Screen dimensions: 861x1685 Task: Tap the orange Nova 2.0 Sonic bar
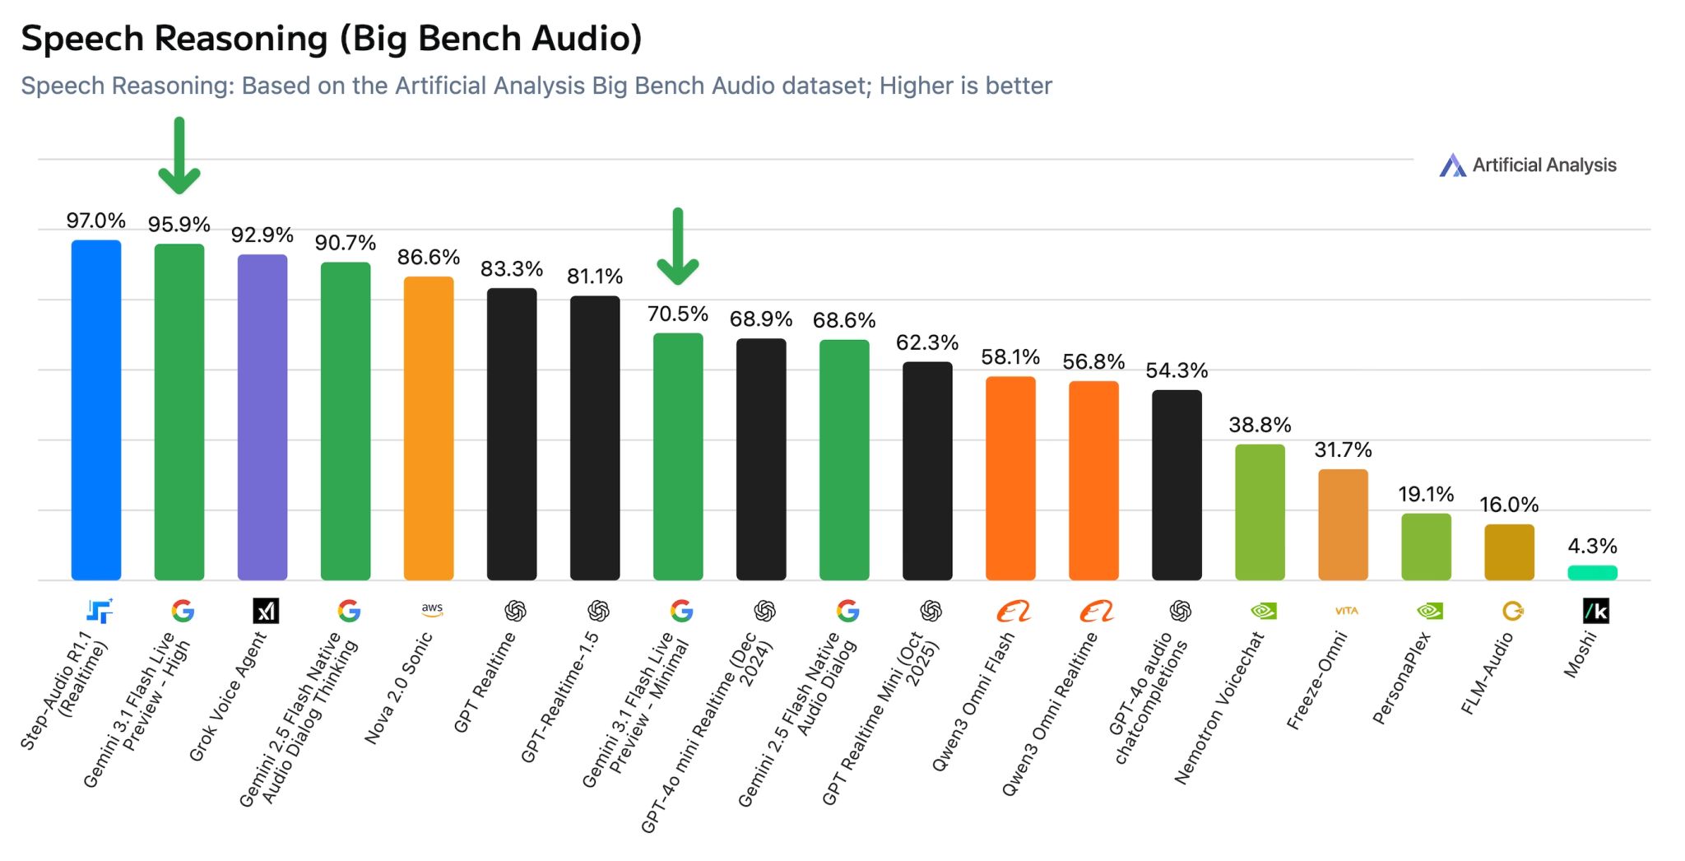pos(429,428)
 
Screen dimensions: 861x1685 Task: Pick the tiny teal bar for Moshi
pos(1592,573)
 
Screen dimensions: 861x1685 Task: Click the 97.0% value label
pos(96,221)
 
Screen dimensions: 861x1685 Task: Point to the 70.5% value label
pos(677,314)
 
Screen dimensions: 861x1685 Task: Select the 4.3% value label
pos(1592,546)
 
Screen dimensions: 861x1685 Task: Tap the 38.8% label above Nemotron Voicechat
pos(1260,425)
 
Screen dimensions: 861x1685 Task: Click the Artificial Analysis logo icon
pos(1452,165)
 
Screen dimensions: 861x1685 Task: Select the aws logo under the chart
pos(432,609)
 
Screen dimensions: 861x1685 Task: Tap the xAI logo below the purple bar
pos(266,611)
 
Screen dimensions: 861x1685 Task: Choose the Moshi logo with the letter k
pos(1595,611)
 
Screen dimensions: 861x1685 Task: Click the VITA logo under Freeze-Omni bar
pos(1346,611)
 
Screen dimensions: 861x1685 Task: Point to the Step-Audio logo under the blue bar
pos(100,611)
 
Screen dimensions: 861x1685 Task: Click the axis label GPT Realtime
pos(485,682)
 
